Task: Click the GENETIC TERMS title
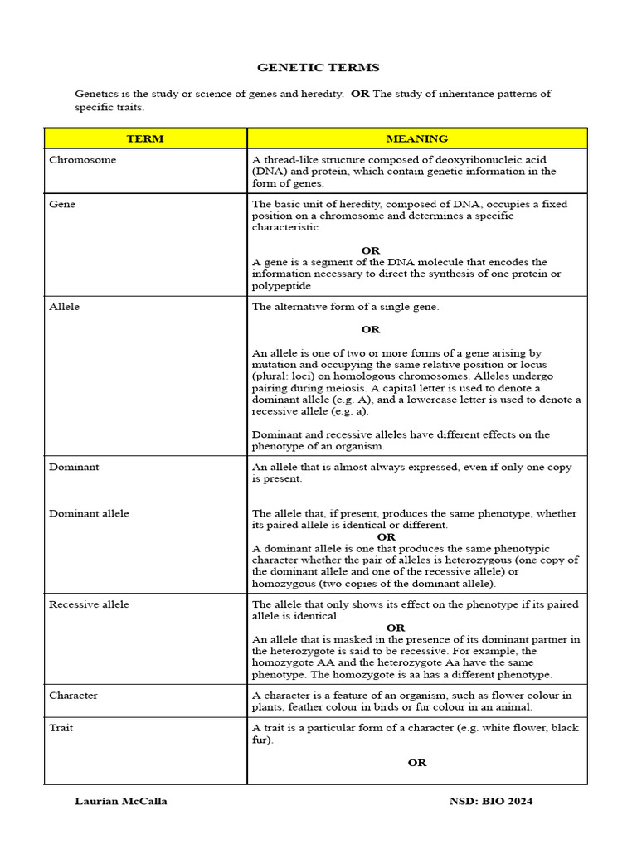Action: tap(318, 68)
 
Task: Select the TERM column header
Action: tap(145, 138)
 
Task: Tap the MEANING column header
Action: tap(416, 138)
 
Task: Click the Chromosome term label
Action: tap(82, 159)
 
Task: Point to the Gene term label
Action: tap(62, 204)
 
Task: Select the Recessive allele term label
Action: tap(89, 604)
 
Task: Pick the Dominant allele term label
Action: tap(89, 513)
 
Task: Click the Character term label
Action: tap(73, 696)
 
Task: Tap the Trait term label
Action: tap(61, 728)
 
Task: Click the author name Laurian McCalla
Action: tap(121, 801)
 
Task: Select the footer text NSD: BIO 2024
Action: tap(491, 801)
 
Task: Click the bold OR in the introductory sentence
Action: tap(360, 94)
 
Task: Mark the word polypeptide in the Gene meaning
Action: tap(282, 285)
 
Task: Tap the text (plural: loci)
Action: tap(283, 376)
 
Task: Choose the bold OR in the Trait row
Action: tap(416, 763)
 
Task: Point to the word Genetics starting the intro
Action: tap(98, 94)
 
